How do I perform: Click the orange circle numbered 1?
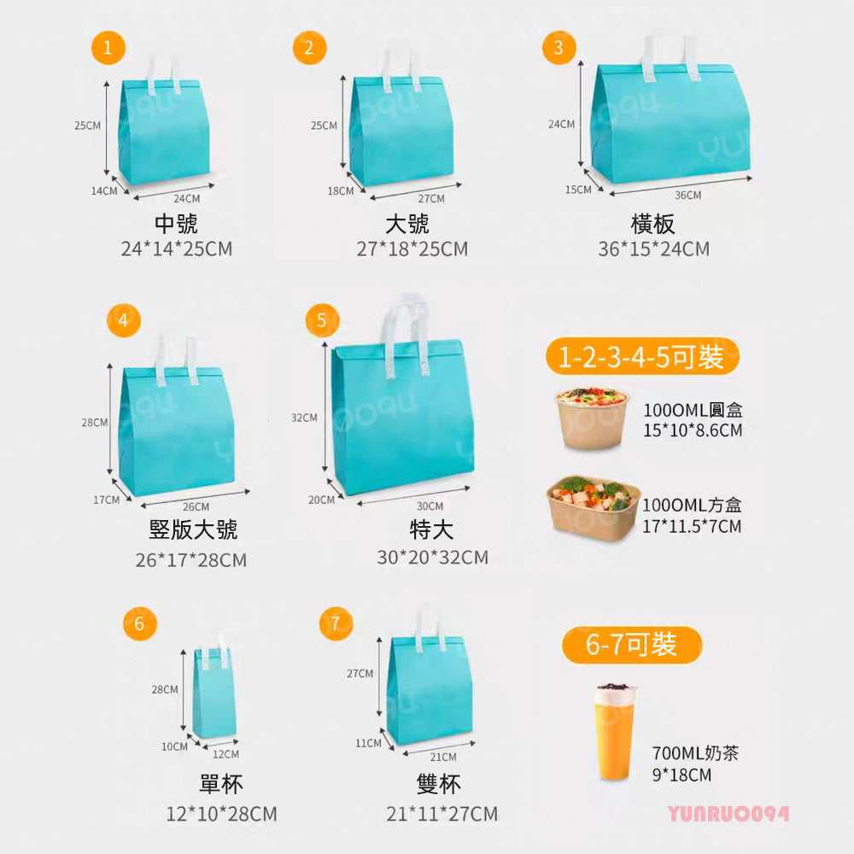[108, 48]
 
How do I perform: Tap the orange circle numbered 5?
[322, 320]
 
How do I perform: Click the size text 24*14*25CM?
[177, 249]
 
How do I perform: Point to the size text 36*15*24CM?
[653, 249]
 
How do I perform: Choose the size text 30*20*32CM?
[432, 558]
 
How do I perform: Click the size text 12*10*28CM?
[221, 814]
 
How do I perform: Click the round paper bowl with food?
[592, 418]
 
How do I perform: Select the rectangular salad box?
[593, 507]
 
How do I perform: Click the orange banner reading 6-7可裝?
[632, 646]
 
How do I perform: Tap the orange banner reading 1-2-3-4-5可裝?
[642, 356]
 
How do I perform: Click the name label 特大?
[432, 530]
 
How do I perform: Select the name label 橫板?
[653, 224]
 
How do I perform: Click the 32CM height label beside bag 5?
[304, 418]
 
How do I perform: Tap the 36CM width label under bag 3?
[687, 196]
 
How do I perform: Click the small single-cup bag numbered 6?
[213, 692]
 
